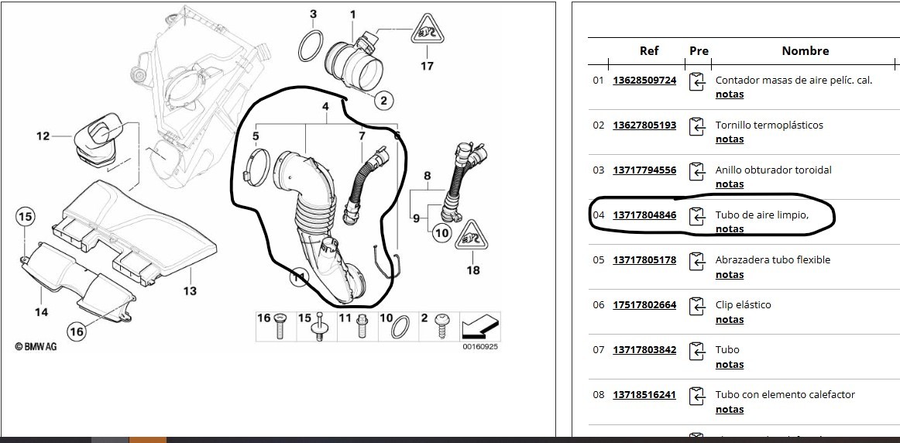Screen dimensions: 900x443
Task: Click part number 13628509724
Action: click(x=644, y=81)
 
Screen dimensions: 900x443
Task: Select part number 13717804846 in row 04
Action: click(x=644, y=215)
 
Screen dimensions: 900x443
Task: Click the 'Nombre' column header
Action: click(x=805, y=50)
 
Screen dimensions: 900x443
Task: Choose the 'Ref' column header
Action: click(x=648, y=50)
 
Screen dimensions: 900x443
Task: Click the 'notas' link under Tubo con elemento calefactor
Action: click(x=730, y=409)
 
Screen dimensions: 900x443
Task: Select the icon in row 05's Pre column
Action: click(x=696, y=262)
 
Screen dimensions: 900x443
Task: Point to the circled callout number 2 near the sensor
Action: click(x=383, y=101)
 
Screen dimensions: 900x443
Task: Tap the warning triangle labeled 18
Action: click(x=471, y=235)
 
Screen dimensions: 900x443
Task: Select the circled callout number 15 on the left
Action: click(x=26, y=217)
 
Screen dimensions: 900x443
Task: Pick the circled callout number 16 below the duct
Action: click(x=77, y=331)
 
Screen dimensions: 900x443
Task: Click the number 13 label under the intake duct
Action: click(x=190, y=291)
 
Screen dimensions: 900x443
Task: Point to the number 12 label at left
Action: click(x=43, y=136)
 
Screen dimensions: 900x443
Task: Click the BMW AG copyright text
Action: click(x=36, y=347)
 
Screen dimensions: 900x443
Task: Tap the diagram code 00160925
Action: click(x=480, y=347)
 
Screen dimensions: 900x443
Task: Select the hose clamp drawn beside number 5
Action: click(x=256, y=167)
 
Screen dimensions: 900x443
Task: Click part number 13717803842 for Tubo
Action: click(x=644, y=350)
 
